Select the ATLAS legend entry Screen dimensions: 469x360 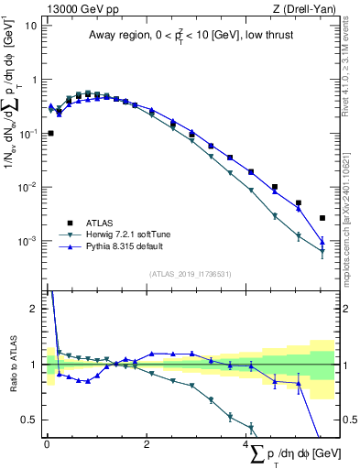100,223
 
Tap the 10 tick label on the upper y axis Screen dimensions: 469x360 31,25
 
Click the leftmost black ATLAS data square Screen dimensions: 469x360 50,133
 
